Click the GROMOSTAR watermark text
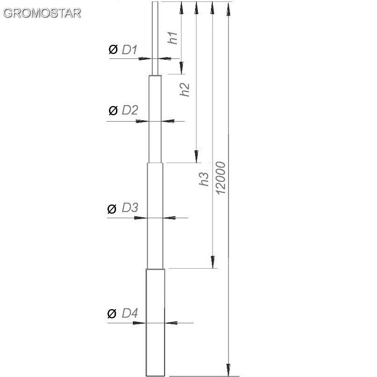click(42, 13)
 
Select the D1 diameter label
click(129, 49)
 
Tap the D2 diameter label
click(130, 110)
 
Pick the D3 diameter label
click(130, 207)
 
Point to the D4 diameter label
click(130, 313)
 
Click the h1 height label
click(172, 38)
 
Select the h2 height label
click(185, 90)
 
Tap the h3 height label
click(204, 179)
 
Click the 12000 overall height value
click(221, 178)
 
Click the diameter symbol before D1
click(113, 49)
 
